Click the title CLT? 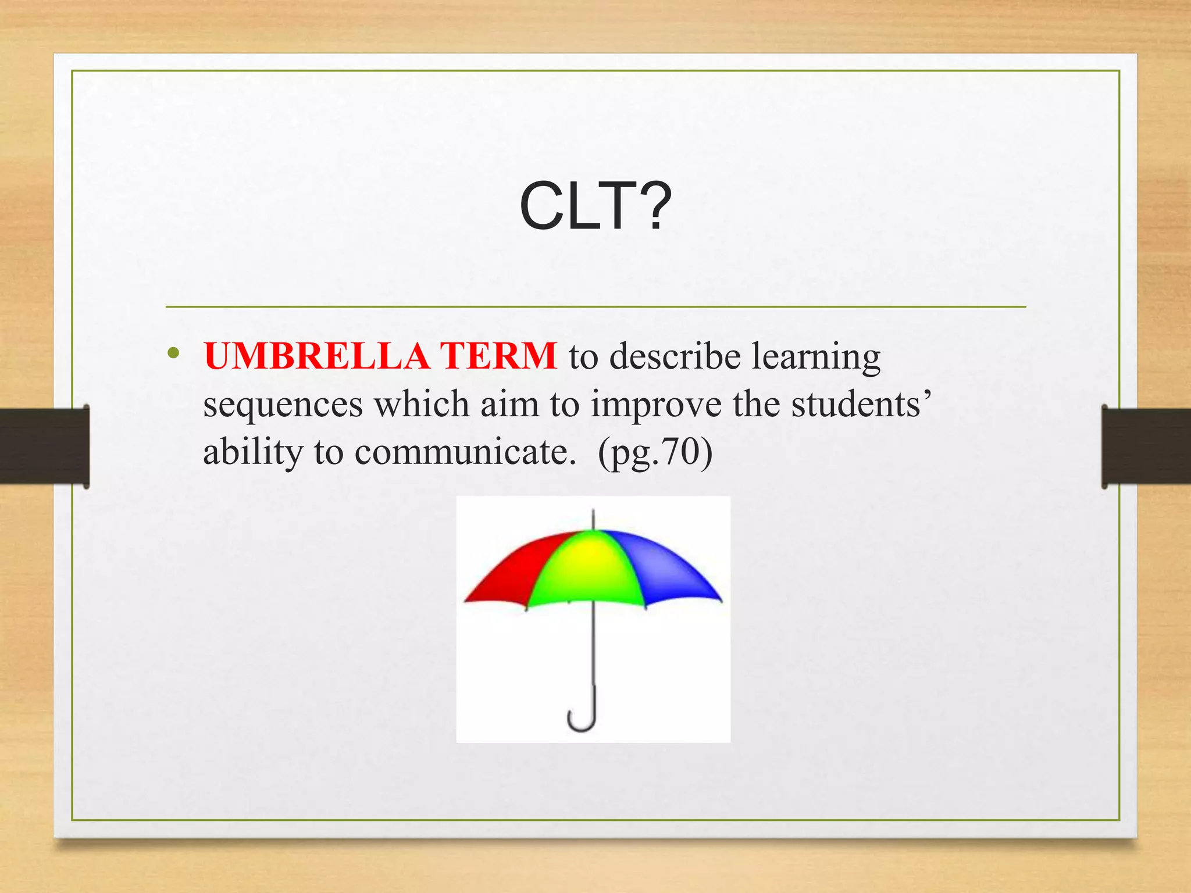click(x=595, y=206)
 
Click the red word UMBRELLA click(x=317, y=356)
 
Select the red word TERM click(x=498, y=356)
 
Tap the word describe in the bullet click(x=674, y=356)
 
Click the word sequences click(x=283, y=405)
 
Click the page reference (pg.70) click(x=655, y=452)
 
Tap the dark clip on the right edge click(x=1146, y=446)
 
